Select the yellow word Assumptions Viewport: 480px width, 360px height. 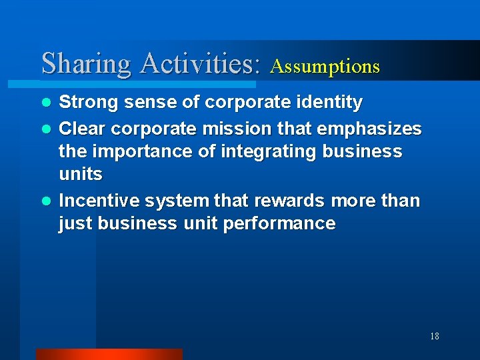point(325,67)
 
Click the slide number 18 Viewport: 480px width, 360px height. point(434,336)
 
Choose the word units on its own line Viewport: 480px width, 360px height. point(80,175)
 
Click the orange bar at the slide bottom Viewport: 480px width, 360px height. point(109,354)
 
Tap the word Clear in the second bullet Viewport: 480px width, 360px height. point(81,127)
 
